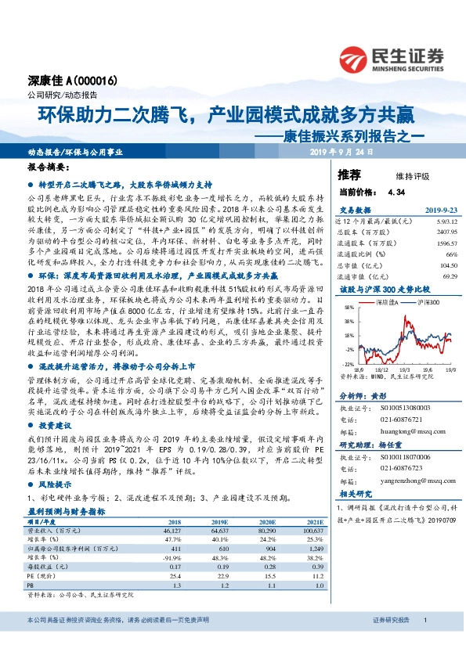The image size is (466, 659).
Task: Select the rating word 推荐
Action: pyautogui.click(x=349, y=174)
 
